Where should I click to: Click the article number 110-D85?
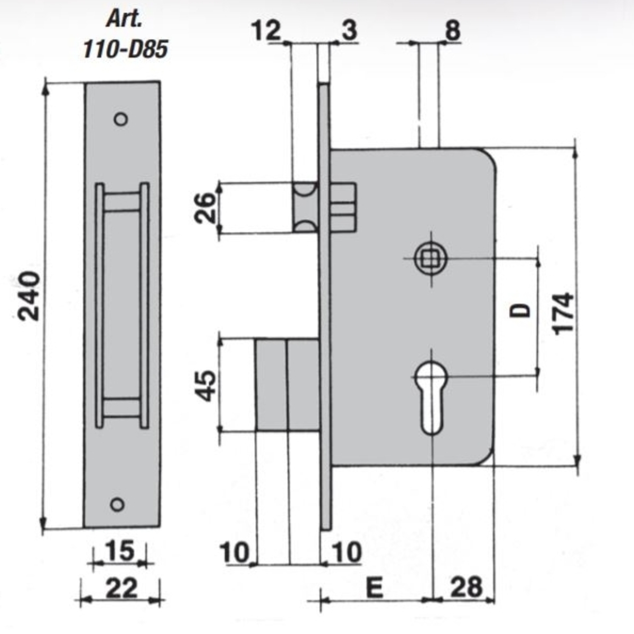(x=125, y=49)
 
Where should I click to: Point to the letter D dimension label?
(x=521, y=310)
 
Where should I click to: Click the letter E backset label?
(x=374, y=588)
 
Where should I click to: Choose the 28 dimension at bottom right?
(x=466, y=588)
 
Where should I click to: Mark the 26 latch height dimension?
(x=206, y=207)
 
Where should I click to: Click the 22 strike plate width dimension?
(x=121, y=588)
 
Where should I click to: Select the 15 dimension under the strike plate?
(x=120, y=552)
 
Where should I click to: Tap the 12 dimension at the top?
(x=266, y=31)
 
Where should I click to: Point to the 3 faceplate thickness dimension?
(x=349, y=31)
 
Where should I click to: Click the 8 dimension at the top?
(x=452, y=31)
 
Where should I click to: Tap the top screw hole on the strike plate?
(x=122, y=119)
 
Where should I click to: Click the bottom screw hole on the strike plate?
(x=118, y=505)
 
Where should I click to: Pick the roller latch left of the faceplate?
(x=305, y=208)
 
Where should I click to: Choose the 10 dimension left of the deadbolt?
(x=234, y=553)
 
